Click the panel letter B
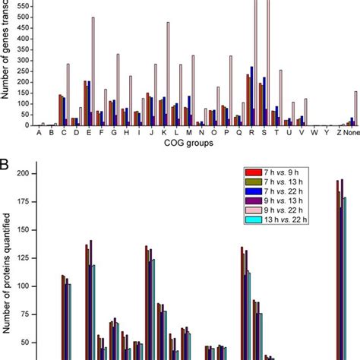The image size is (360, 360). [5, 163]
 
